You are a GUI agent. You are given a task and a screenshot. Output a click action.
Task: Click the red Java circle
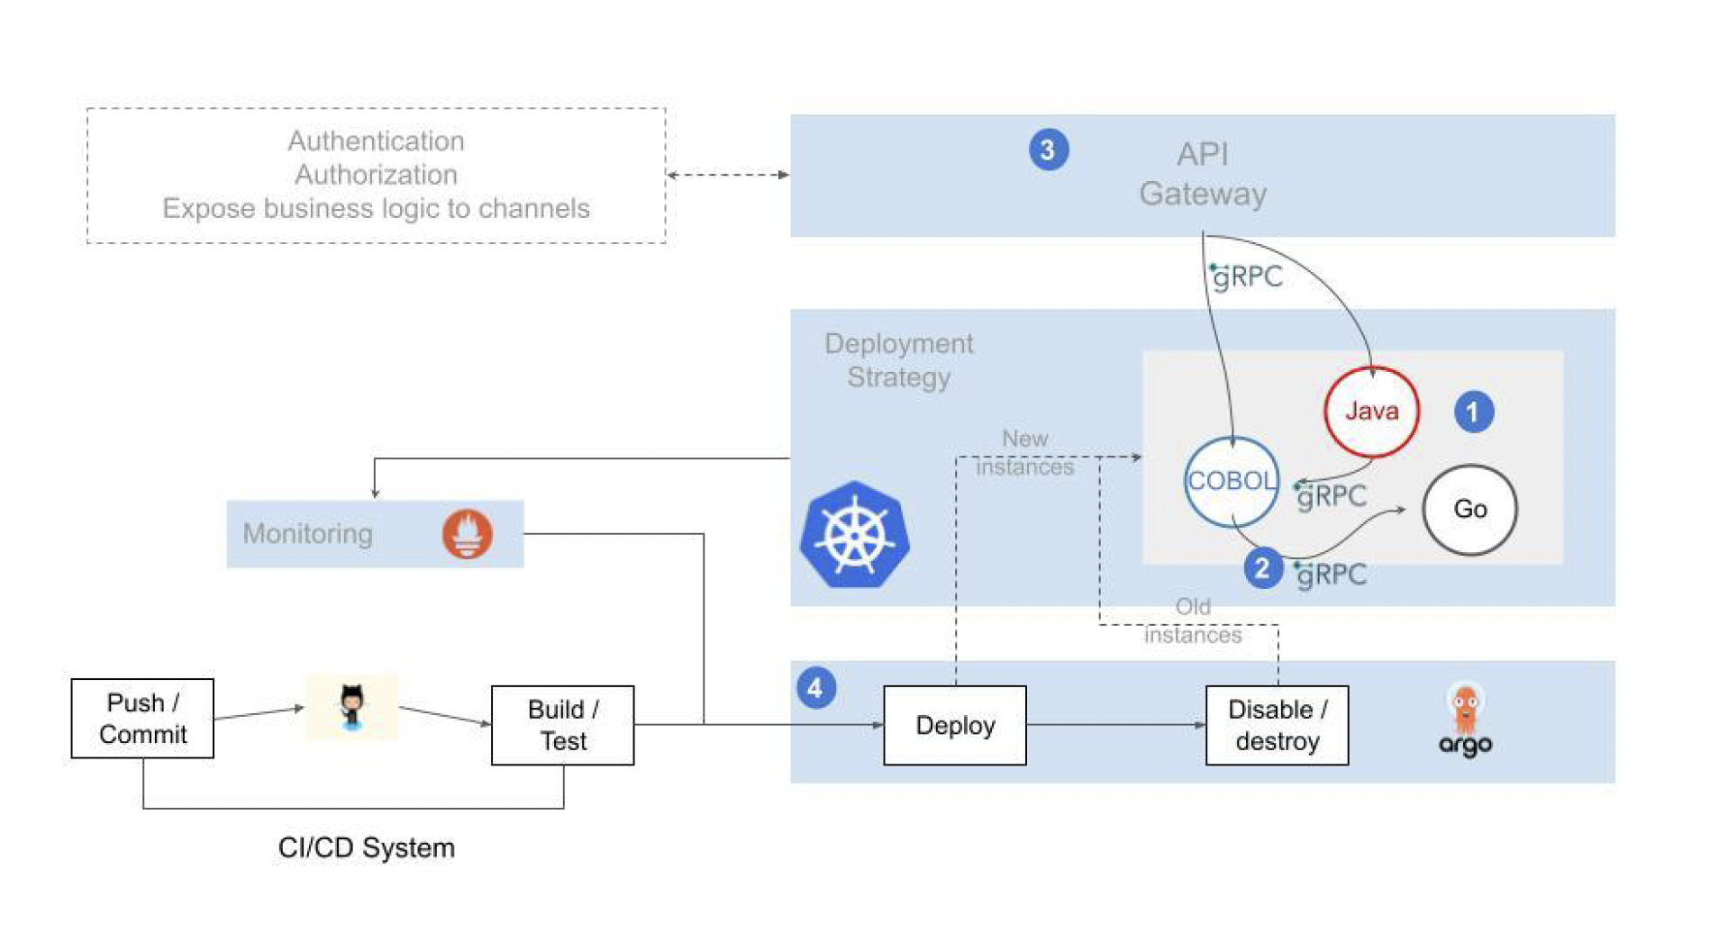1370,412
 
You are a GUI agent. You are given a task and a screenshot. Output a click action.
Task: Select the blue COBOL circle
1231,481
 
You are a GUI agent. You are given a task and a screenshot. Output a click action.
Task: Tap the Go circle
1469,509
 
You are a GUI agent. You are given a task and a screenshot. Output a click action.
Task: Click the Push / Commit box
142,718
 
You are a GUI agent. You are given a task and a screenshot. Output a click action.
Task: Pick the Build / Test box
562,725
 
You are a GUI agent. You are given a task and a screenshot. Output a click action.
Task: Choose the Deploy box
954,725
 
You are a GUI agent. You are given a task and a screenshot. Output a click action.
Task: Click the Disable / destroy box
1277,725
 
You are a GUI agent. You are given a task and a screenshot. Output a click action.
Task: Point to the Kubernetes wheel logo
854,535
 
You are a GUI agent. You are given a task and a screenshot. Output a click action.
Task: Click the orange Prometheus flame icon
467,533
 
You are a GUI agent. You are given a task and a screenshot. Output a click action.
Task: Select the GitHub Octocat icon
351,707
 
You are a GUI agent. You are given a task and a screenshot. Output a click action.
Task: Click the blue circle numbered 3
1048,149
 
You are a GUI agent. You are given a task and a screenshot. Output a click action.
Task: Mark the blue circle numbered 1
1473,412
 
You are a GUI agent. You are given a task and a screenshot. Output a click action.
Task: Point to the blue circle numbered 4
815,688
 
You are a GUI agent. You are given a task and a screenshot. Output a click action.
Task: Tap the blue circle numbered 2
1262,568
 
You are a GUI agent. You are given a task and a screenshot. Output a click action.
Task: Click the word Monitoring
307,533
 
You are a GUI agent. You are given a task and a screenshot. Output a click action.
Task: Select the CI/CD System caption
366,847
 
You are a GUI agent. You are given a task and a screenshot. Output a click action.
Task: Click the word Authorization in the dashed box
376,174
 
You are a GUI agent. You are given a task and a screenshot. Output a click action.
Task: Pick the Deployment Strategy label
898,360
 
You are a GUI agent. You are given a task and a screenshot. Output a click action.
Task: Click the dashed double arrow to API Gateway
728,175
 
